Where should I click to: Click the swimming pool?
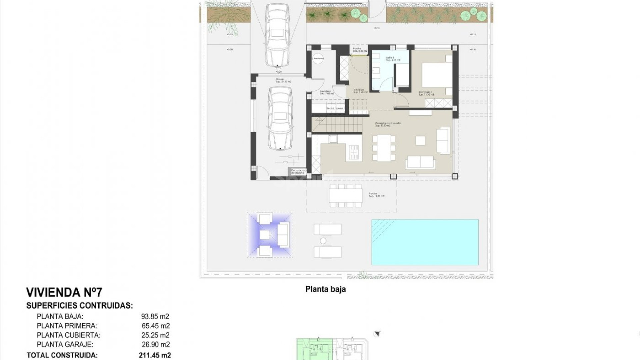[x=425, y=242]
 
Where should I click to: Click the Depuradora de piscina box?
[x=298, y=172]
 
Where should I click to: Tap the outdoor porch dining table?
[x=345, y=196]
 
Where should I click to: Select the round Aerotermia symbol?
[x=318, y=58]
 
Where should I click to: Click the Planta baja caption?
[x=325, y=289]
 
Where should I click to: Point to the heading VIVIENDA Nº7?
[x=64, y=292]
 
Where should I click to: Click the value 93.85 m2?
[x=155, y=316]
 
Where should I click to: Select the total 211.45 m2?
[x=155, y=355]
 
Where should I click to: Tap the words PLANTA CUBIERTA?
[x=68, y=335]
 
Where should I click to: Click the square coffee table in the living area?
[x=420, y=141]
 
